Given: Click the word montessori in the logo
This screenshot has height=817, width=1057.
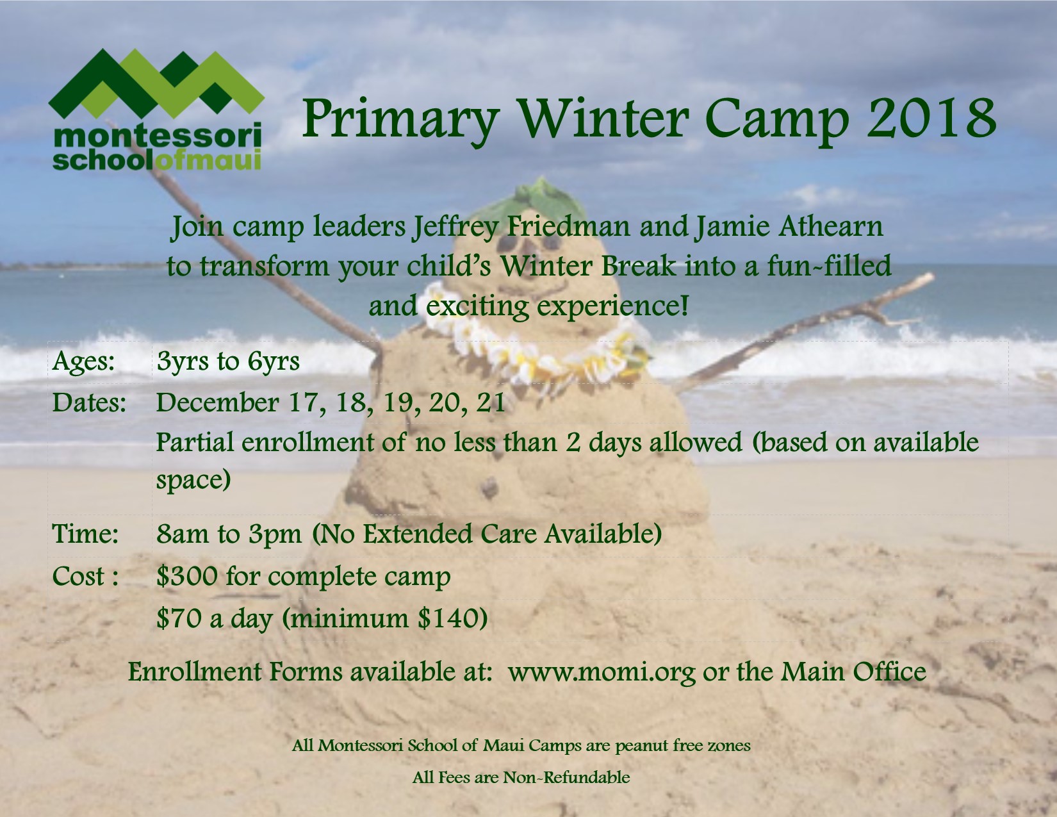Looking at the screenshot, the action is pyautogui.click(x=157, y=136).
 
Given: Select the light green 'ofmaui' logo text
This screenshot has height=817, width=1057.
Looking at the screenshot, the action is pyautogui.click(x=210, y=160).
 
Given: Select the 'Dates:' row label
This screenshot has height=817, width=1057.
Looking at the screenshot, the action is pyautogui.click(x=89, y=403).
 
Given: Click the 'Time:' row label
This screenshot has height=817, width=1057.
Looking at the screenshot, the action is pyautogui.click(x=85, y=533).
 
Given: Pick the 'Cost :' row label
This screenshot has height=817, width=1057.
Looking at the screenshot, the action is pyautogui.click(x=85, y=576).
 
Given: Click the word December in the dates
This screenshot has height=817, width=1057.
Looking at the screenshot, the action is pyautogui.click(x=217, y=403).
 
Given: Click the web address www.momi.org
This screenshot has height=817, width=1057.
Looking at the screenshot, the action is pyautogui.click(x=602, y=672).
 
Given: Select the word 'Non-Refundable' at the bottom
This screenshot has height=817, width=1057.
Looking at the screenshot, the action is pyautogui.click(x=566, y=777).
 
